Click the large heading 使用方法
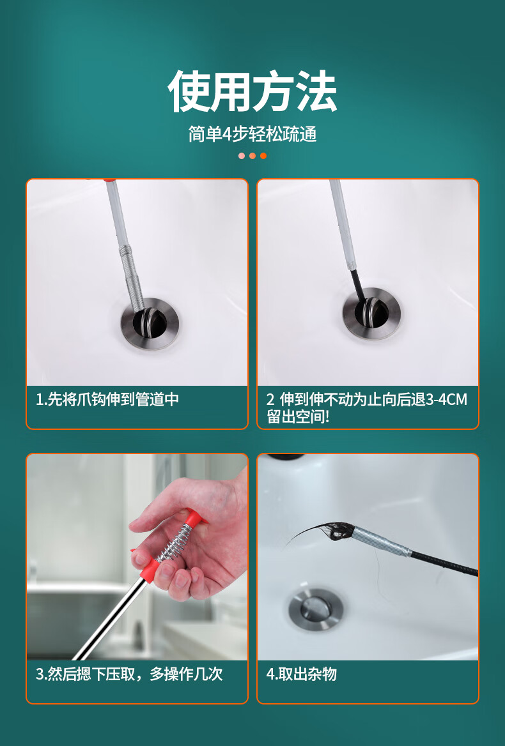pos(252,91)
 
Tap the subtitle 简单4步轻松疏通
pos(252,134)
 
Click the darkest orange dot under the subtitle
pos(263,156)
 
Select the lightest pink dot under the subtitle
pos(242,156)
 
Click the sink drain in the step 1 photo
pos(150,324)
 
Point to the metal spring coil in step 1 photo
pos(133,276)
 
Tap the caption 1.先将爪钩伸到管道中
pos(107,399)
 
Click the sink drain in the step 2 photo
pos(371,314)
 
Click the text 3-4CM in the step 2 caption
pos(446,399)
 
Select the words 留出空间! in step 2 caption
pos(298,417)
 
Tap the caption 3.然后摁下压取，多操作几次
pos(130,674)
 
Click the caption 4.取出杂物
pos(301,674)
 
